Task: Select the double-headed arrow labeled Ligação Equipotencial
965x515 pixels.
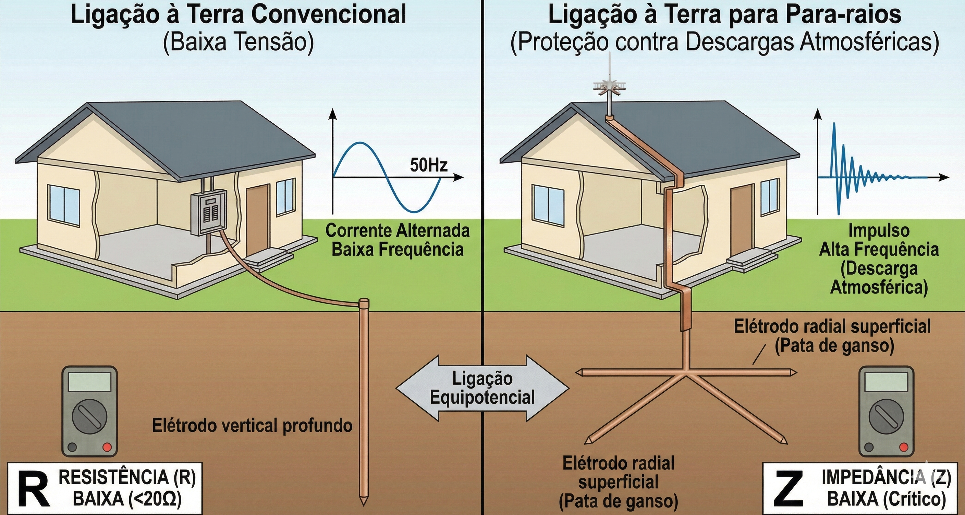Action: [x=483, y=388]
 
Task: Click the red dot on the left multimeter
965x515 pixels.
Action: [x=107, y=447]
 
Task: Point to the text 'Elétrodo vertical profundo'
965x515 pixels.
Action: [x=252, y=426]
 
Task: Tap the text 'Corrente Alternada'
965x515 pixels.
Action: [x=397, y=230]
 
